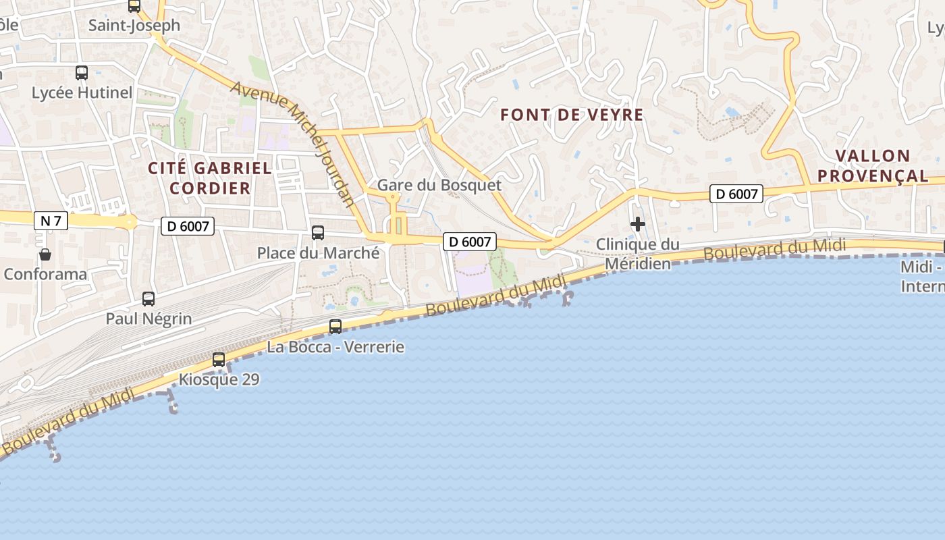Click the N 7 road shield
tap(51, 221)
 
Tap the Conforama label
tap(45, 274)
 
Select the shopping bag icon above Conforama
tap(45, 254)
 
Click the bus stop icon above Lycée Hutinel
tap(82, 73)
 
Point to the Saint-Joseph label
tap(134, 26)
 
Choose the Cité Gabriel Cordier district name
tap(210, 178)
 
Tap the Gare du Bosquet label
tap(439, 185)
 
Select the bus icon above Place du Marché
tap(318, 233)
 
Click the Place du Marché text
tap(318, 253)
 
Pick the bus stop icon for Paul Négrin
tap(148, 298)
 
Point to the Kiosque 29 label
tap(219, 379)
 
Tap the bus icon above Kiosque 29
tap(219, 360)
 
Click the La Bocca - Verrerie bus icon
tap(335, 327)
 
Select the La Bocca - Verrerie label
tap(335, 347)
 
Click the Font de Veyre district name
tap(572, 115)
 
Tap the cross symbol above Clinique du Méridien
tap(637, 224)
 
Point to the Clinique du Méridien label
tap(637, 254)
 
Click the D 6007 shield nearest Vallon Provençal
tap(736, 194)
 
